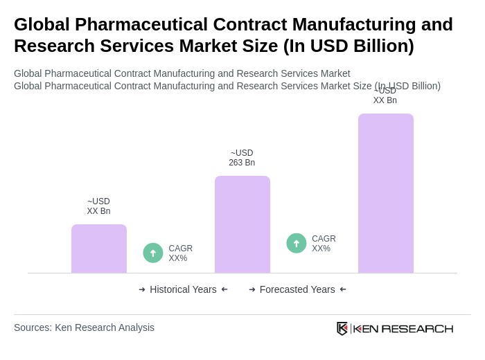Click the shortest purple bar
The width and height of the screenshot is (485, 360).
pos(99,249)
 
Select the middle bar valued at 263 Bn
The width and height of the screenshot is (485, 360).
pos(242,224)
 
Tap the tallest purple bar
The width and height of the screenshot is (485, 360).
pos(385,193)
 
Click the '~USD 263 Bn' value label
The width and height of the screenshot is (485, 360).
pos(242,158)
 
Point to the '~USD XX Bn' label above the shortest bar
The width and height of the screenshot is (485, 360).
pos(98,206)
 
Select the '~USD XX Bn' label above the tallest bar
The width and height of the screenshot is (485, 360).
pos(385,96)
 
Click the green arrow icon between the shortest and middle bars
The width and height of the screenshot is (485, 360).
pos(153,253)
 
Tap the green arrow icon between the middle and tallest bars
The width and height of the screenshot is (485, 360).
pos(297,243)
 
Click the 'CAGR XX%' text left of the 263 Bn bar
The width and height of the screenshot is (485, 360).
pos(180,253)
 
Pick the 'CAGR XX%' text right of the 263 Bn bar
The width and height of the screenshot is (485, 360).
pos(324,244)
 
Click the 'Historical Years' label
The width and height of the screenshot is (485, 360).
pos(183,289)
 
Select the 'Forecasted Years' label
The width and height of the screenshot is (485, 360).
pos(297,289)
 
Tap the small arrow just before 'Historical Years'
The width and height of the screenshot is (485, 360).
pos(142,289)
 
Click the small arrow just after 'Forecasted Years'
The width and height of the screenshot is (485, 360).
pos(343,289)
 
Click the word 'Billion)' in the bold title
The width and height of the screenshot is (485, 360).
pos(383,46)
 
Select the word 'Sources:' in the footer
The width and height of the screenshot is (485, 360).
pos(33,327)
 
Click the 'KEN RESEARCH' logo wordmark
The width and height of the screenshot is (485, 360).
pos(403,328)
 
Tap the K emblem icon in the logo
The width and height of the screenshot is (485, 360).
pos(342,328)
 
